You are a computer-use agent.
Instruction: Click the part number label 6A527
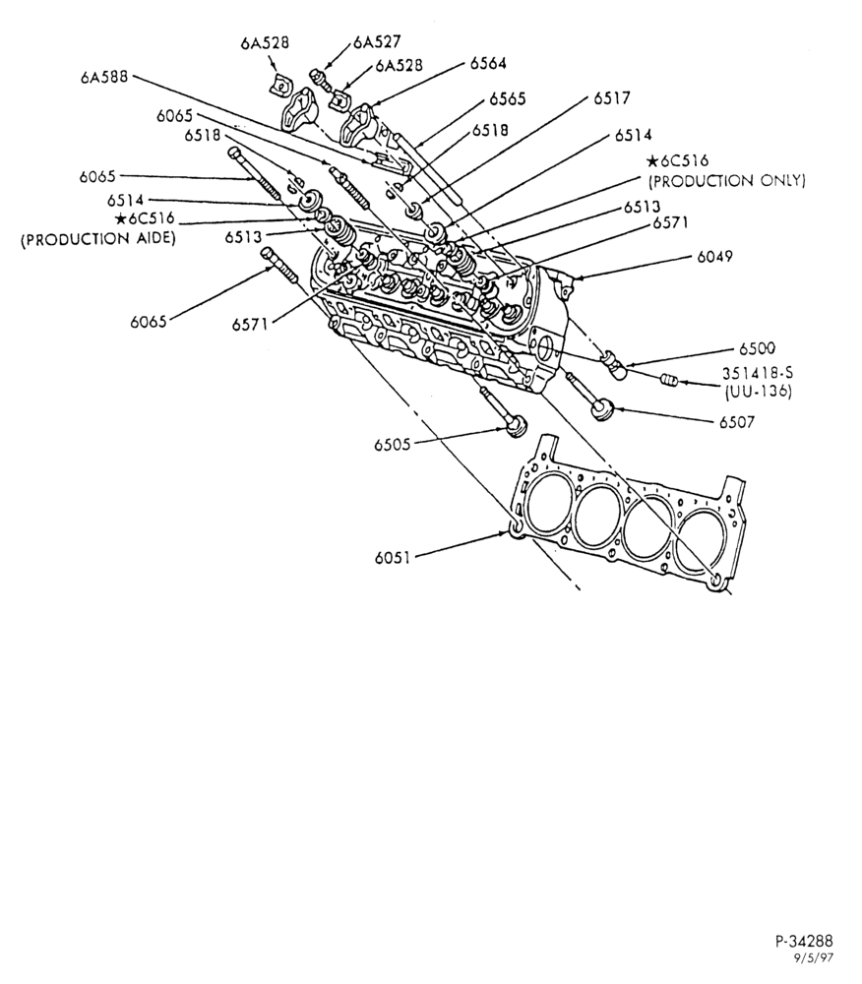377,42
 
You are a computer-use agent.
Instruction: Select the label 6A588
104,77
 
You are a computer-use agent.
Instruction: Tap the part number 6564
488,63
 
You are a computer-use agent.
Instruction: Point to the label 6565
508,99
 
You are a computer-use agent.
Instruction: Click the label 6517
612,98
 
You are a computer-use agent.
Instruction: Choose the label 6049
714,257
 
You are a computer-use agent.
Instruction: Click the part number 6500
757,349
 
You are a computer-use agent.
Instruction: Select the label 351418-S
758,373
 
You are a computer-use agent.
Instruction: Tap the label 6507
736,422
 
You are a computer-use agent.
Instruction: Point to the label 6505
392,445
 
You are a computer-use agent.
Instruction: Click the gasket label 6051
392,558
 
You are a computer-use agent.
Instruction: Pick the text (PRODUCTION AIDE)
97,240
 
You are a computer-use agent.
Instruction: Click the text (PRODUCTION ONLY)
726,181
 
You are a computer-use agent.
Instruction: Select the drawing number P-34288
804,942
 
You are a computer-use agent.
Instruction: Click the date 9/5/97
815,958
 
